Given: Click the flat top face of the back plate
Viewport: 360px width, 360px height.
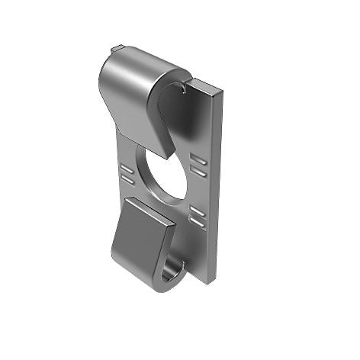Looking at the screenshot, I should pyautogui.click(x=206, y=85).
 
